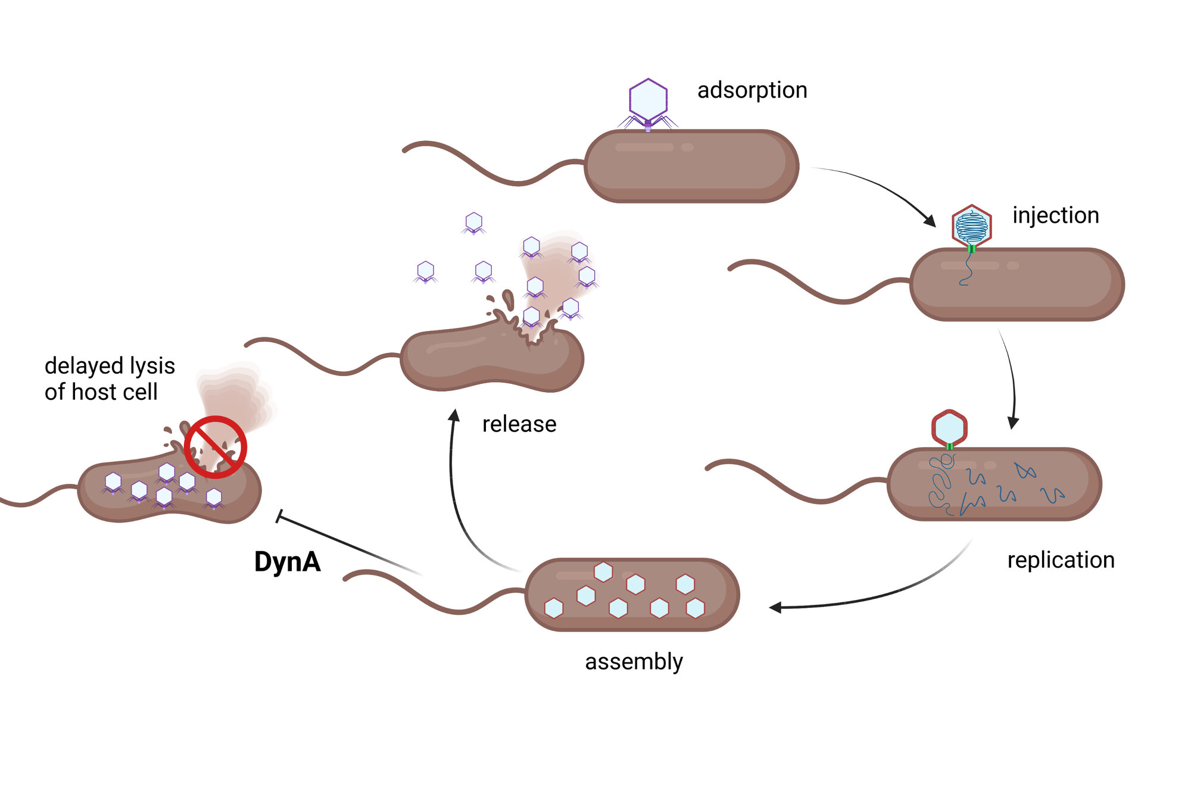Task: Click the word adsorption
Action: (752, 90)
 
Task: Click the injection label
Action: (1055, 215)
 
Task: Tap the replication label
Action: (1060, 560)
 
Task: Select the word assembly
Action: (634, 662)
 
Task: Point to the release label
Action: (519, 424)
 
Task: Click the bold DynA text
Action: (287, 562)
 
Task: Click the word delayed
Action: (82, 366)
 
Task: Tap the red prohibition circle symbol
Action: (215, 447)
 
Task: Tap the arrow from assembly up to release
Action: (455, 488)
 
